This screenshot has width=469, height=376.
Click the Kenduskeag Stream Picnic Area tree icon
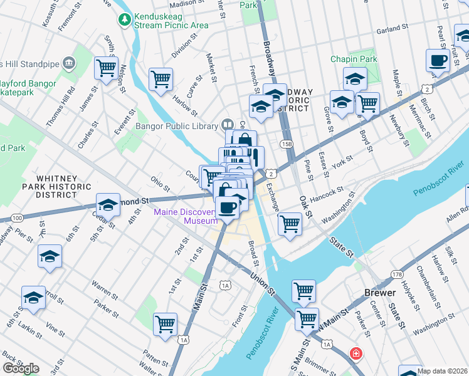pyautogui.click(x=125, y=20)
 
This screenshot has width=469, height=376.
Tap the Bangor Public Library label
pyautogui.click(x=182, y=125)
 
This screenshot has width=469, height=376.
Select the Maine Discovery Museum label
pyautogui.click(x=185, y=216)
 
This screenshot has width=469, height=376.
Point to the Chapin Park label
pyautogui.click(x=354, y=60)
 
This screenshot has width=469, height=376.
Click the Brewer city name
pyautogui.click(x=380, y=293)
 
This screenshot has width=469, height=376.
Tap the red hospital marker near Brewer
pyautogui.click(x=356, y=354)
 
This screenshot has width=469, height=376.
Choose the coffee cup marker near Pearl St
pyautogui.click(x=438, y=61)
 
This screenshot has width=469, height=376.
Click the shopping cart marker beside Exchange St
pyautogui.click(x=290, y=223)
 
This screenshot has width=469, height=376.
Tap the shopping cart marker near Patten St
pyautogui.click(x=165, y=324)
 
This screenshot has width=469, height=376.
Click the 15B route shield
pyautogui.click(x=287, y=145)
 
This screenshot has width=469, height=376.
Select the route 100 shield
pyautogui.click(x=17, y=217)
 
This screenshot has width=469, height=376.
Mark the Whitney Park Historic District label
pyautogui.click(x=56, y=187)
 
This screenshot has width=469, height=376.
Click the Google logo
pyautogui.click(x=21, y=368)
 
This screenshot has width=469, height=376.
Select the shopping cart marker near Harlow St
pyautogui.click(x=161, y=80)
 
